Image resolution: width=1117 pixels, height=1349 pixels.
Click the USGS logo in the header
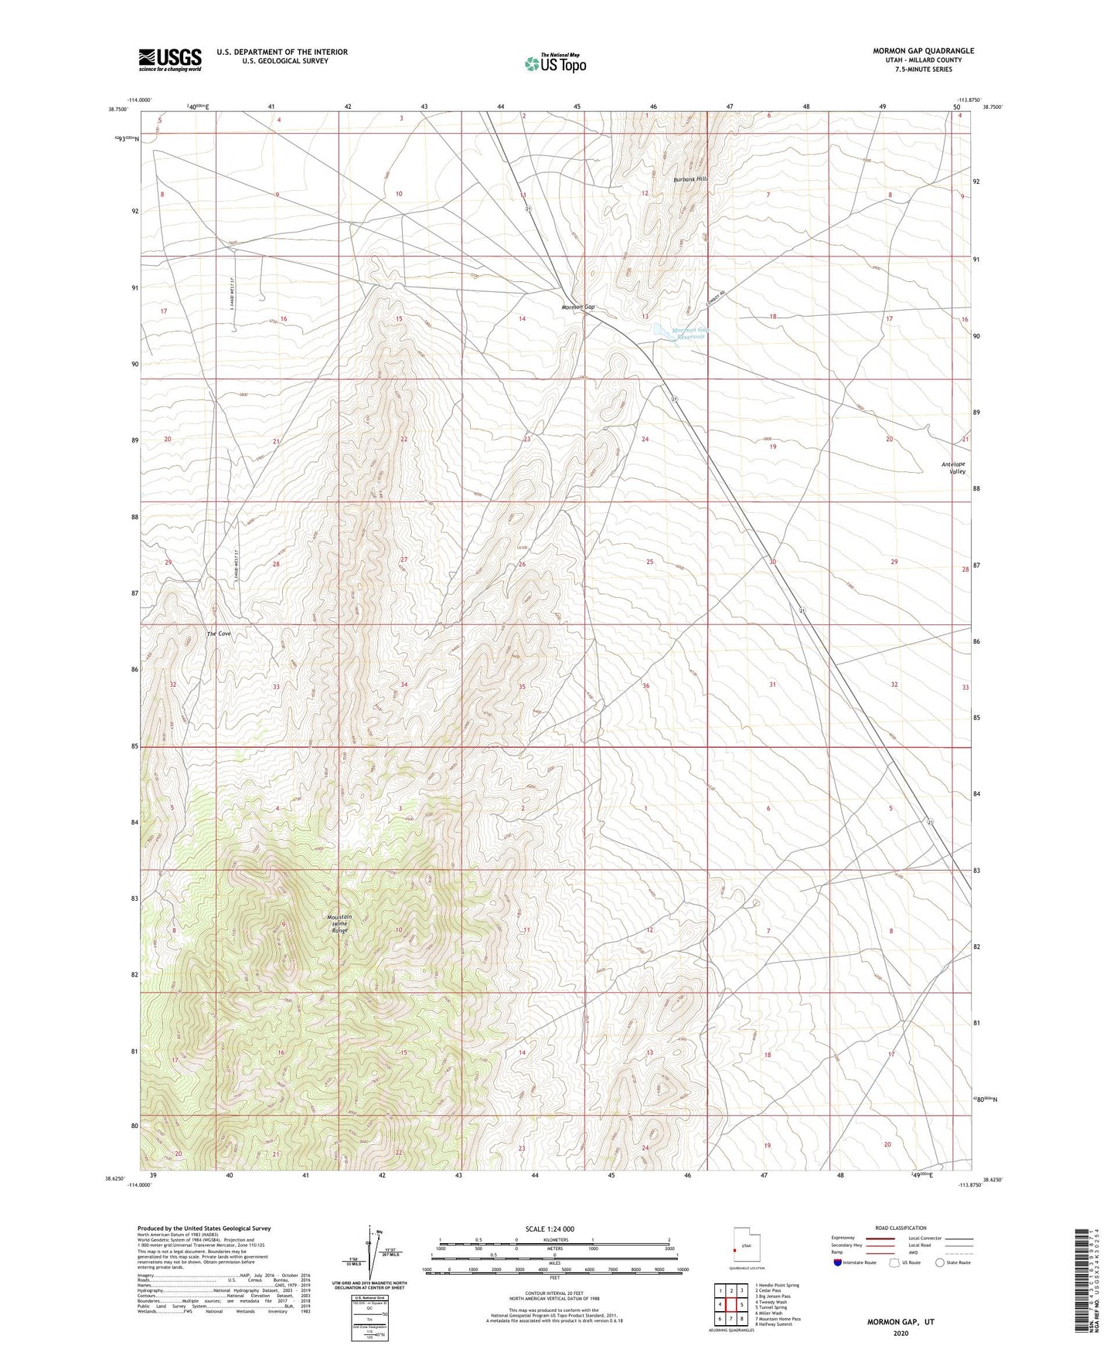coord(170,59)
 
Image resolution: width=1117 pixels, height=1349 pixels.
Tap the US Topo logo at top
coord(555,63)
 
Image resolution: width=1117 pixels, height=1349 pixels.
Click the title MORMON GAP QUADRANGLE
coord(923,51)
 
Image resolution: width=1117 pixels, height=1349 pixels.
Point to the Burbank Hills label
coord(690,179)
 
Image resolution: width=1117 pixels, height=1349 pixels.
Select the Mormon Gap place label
coord(578,308)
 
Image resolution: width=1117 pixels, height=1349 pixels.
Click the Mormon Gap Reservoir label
coord(690,334)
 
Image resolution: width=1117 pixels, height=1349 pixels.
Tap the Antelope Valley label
coord(953,467)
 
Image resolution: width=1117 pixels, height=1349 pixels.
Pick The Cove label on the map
coord(219,634)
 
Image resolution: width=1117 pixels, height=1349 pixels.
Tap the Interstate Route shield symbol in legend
coord(839,1262)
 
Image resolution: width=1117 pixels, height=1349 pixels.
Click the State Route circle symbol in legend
coord(939,1262)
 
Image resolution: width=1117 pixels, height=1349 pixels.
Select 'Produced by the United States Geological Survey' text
coord(204,1228)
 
